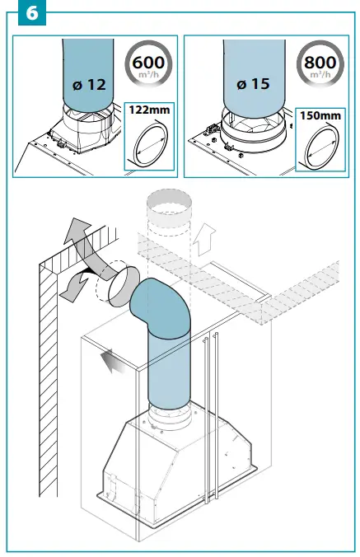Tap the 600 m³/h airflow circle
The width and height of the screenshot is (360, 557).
tap(148, 63)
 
